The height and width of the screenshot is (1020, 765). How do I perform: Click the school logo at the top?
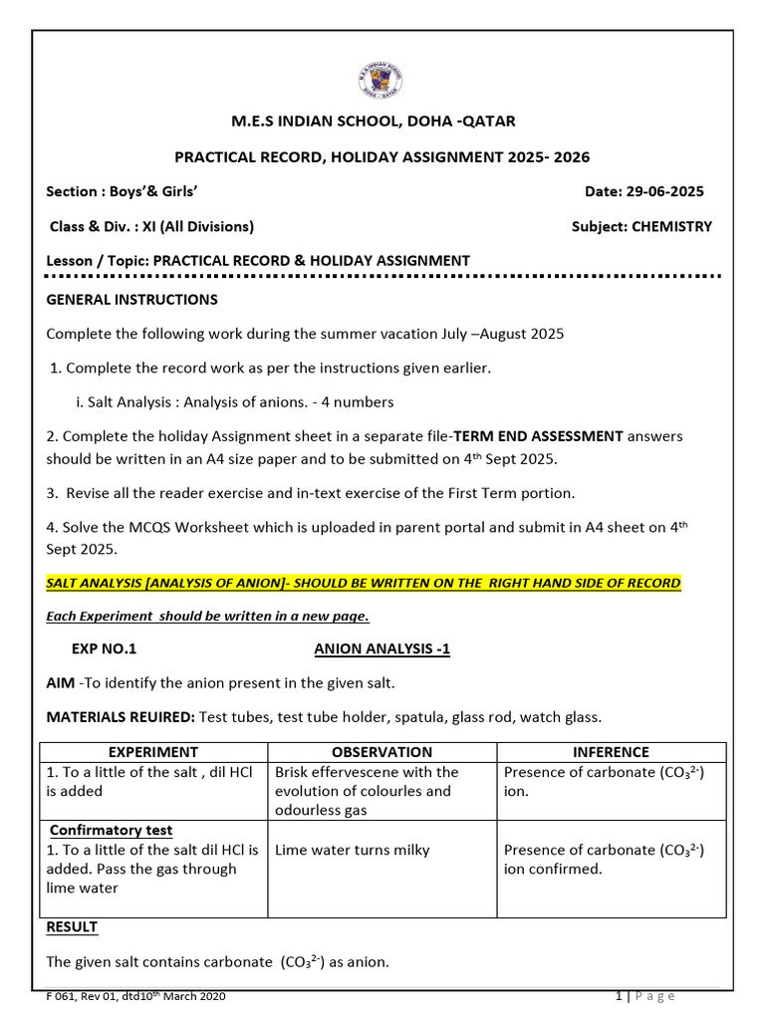[382, 80]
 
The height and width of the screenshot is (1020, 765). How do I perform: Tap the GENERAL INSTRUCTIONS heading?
[131, 299]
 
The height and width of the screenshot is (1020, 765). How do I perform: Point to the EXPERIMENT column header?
[152, 752]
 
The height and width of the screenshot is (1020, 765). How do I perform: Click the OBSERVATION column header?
[382, 752]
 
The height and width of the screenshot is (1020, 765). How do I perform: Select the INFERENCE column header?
[611, 752]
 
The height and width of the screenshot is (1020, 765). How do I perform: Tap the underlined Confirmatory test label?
[111, 830]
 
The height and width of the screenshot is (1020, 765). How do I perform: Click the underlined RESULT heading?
[72, 926]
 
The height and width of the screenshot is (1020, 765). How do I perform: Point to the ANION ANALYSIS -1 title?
[382, 648]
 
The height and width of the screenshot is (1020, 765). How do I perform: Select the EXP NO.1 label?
[104, 648]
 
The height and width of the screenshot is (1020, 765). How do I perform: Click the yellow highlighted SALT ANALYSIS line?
[364, 582]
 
